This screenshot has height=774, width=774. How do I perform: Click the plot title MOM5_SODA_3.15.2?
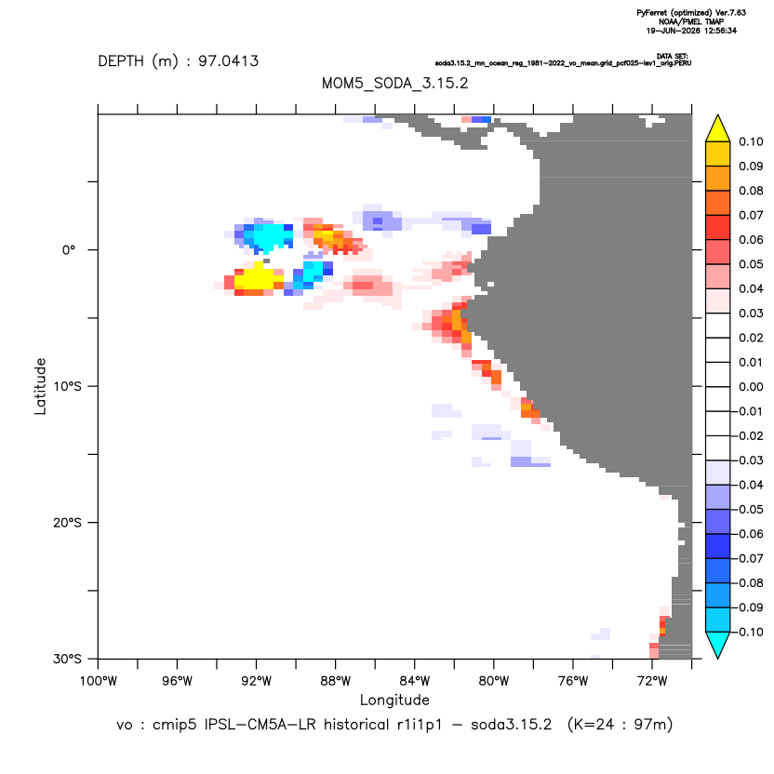tap(394, 83)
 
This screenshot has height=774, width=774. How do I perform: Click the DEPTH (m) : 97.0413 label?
tap(179, 61)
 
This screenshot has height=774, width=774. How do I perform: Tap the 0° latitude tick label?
tap(69, 249)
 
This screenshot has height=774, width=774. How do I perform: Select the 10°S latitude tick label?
tap(67, 386)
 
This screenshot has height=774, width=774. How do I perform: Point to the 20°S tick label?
tap(67, 522)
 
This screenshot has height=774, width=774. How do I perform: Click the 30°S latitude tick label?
tap(67, 659)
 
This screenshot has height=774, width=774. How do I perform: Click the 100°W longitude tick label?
tap(99, 681)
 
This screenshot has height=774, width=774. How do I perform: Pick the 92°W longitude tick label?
tap(257, 681)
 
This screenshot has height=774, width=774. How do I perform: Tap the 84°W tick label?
tap(415, 681)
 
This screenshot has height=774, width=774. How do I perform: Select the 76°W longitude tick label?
tap(573, 681)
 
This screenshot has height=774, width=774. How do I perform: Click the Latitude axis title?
tap(40, 386)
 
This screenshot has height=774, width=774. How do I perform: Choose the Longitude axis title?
tap(394, 700)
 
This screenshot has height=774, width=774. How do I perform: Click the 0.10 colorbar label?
tap(751, 141)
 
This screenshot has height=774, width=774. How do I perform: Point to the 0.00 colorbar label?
tap(751, 386)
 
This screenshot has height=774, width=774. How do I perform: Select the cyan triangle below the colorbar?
tap(718, 643)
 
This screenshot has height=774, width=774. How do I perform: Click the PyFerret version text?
tap(691, 13)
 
